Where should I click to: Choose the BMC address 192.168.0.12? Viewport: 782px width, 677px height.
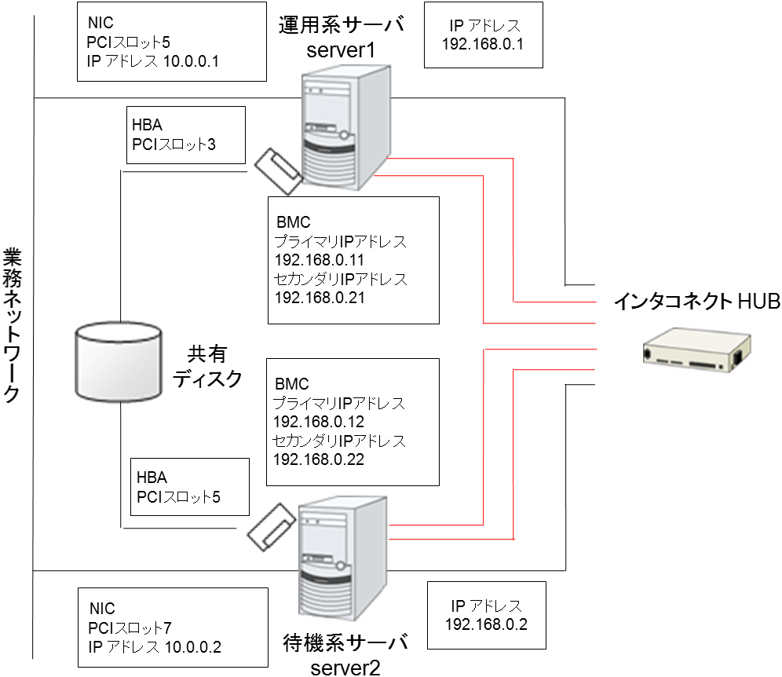311,422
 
